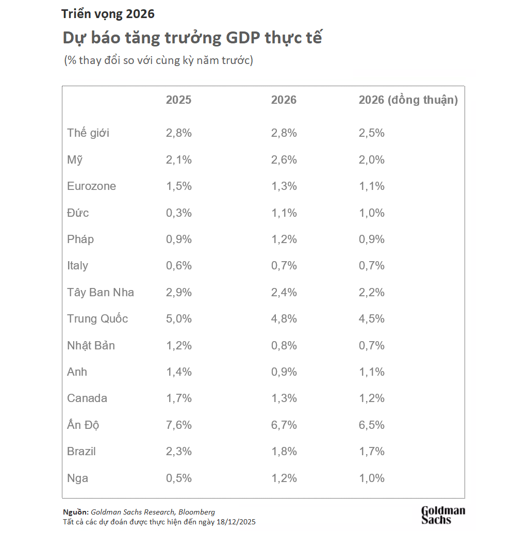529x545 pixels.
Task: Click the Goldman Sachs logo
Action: pyautogui.click(x=443, y=515)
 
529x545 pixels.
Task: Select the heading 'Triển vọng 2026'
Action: pyautogui.click(x=108, y=14)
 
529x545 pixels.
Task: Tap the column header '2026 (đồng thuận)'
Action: pyautogui.click(x=408, y=100)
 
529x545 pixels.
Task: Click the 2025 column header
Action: pyautogui.click(x=178, y=100)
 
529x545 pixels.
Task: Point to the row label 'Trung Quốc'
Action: pyautogui.click(x=97, y=319)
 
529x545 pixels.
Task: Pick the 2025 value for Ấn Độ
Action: pyautogui.click(x=178, y=425)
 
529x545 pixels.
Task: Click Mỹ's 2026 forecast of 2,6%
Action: pyautogui.click(x=284, y=160)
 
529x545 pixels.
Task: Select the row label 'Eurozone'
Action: pyautogui.click(x=91, y=186)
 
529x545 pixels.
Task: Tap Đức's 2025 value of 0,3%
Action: pyautogui.click(x=178, y=213)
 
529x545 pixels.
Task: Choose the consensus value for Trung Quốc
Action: pyautogui.click(x=371, y=319)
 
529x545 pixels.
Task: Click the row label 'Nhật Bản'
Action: pyautogui.click(x=91, y=346)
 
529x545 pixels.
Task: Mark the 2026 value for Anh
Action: pyautogui.click(x=284, y=372)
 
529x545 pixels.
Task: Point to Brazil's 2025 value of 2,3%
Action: pyautogui.click(x=178, y=452)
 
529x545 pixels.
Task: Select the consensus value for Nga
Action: pyautogui.click(x=371, y=478)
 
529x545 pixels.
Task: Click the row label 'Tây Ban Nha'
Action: pyautogui.click(x=101, y=293)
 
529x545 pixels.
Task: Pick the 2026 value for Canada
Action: pyautogui.click(x=284, y=398)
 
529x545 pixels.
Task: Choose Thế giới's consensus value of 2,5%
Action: pyautogui.click(x=371, y=133)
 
